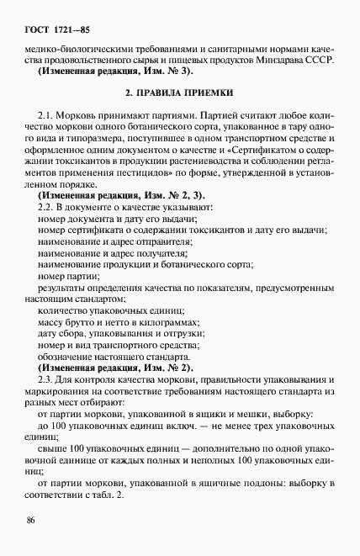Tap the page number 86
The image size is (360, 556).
pos(31,522)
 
